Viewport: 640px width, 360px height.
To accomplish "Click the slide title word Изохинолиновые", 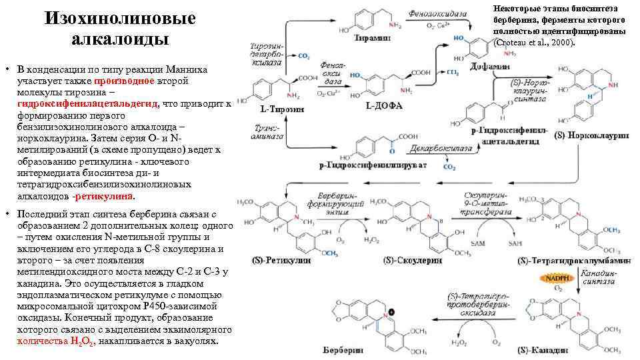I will (x=119, y=19).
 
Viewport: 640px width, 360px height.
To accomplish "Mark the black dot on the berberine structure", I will (x=390, y=311).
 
